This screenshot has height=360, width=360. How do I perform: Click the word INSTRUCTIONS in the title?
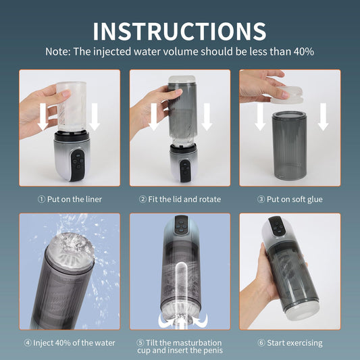coord(180,32)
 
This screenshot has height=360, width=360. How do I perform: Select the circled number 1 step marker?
coord(41,199)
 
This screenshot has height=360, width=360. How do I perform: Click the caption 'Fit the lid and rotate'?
coord(184,199)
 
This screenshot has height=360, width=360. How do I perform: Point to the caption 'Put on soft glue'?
coord(294,199)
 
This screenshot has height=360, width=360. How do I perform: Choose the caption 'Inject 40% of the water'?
coord(74,343)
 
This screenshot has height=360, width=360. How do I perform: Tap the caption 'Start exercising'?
coord(294,343)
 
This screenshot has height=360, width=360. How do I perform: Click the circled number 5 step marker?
coord(140,343)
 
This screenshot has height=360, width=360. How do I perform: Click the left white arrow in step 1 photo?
coord(43,117)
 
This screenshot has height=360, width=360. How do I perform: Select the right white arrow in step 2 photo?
coord(207,117)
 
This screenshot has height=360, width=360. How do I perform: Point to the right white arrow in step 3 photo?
coord(323,117)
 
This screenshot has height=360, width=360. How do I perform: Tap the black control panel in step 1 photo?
coord(78,165)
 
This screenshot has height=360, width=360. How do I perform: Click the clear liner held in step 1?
coord(72,106)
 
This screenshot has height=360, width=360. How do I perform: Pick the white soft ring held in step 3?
coord(286,95)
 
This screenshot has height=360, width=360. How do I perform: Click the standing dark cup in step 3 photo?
coord(289,146)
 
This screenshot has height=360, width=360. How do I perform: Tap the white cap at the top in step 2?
coord(182,80)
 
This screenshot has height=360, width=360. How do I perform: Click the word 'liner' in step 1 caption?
coord(93,199)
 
